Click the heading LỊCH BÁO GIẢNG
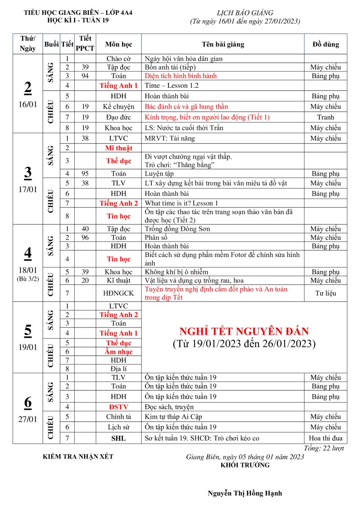coord(245,13)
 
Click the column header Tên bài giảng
coord(223,44)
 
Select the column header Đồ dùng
coord(325,44)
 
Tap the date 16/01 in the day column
coord(28,105)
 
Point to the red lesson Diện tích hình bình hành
coord(181,76)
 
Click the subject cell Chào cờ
coord(118,59)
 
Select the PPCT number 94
coord(85,76)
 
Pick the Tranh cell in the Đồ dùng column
coord(325,117)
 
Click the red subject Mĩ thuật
coord(118,148)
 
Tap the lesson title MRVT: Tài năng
coord(170,138)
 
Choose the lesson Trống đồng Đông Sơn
coord(177,229)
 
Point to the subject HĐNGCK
coord(118,293)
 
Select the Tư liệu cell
coord(325,293)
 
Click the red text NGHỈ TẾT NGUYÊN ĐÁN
coord(244,331)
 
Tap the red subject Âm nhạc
coord(118,352)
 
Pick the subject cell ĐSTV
coord(118,407)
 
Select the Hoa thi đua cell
coord(325,438)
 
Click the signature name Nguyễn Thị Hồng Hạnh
coord(245,493)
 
